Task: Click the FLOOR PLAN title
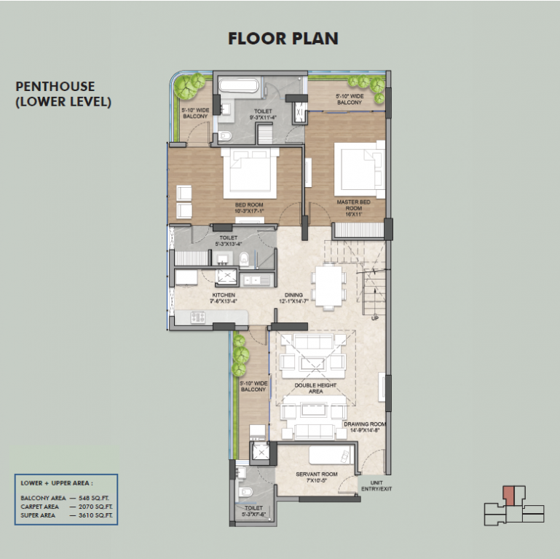(283, 38)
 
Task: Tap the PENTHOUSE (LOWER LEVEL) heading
(63, 95)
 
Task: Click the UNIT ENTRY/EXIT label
(376, 485)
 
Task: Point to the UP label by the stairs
(374, 318)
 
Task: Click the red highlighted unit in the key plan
(509, 496)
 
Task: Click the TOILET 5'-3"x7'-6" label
(253, 512)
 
